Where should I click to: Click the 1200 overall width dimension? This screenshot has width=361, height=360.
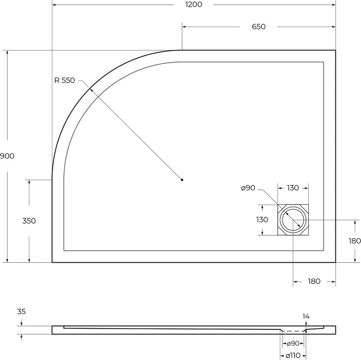[x=194, y=4]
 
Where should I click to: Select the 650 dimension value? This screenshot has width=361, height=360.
[x=259, y=27]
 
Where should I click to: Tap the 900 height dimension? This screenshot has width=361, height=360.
[x=7, y=156]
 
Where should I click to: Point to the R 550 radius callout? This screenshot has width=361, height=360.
[x=65, y=81]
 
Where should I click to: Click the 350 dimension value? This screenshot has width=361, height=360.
[x=29, y=221]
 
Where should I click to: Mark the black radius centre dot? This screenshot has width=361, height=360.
[x=182, y=180]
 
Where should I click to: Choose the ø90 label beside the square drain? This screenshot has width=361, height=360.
[x=248, y=188]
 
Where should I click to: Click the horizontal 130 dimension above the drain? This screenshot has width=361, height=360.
[x=293, y=188]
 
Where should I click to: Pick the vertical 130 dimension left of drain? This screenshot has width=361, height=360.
[x=262, y=220]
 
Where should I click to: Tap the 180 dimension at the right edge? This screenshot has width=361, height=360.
[x=355, y=241]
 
